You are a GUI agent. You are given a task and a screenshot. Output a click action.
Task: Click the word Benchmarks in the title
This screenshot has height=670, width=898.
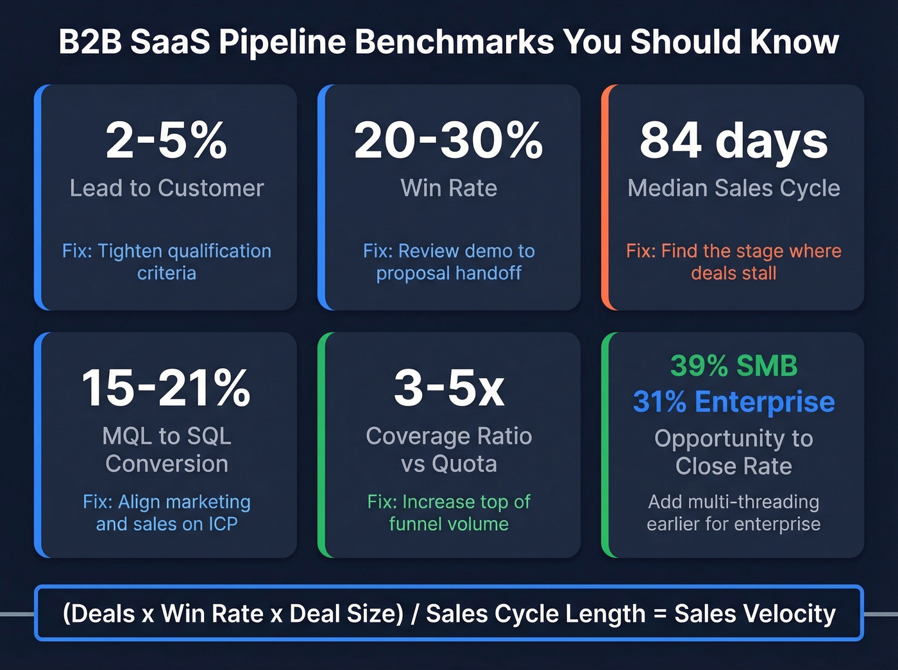coord(454,42)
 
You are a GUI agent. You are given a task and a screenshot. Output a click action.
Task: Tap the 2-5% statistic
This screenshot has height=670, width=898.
coord(166,140)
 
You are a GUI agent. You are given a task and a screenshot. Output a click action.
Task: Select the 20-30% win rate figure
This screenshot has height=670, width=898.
coord(448,140)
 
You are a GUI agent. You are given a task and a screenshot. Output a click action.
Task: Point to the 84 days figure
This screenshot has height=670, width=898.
coord(734,140)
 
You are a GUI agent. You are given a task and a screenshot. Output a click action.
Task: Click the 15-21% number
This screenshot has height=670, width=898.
coord(166,388)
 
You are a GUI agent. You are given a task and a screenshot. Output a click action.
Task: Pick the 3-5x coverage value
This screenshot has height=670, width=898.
coord(449,388)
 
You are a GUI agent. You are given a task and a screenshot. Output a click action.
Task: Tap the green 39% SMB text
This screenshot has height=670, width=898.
coord(734,366)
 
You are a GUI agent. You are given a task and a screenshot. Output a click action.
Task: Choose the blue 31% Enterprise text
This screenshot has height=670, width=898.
coord(734,402)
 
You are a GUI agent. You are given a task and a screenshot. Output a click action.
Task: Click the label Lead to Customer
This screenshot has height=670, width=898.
coord(167,188)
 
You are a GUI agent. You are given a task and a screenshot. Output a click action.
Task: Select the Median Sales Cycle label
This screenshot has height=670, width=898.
coord(734,188)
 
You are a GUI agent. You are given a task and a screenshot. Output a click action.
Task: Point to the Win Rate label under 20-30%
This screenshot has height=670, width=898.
coord(449,188)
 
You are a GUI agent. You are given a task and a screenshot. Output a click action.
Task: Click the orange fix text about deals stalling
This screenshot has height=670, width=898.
coord(734,262)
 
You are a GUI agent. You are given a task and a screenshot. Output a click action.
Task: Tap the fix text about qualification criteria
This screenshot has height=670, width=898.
coord(167,262)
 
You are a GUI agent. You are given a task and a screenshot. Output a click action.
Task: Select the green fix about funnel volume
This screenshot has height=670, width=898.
coord(449,512)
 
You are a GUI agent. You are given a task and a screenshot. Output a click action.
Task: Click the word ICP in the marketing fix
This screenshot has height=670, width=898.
coord(223,524)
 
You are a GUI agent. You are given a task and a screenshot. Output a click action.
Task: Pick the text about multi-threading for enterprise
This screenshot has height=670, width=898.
coord(734,512)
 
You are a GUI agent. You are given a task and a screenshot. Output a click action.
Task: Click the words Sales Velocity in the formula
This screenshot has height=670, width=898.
coord(755,614)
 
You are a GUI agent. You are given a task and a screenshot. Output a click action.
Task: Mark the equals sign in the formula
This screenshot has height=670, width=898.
coord(660,614)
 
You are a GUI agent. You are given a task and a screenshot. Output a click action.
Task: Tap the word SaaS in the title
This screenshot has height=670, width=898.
coord(171,42)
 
